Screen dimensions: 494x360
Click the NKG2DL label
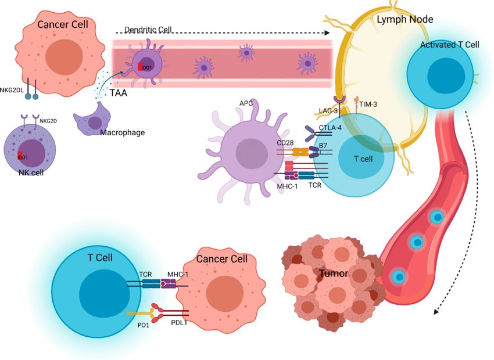point(12,90)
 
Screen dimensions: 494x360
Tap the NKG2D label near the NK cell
point(48,121)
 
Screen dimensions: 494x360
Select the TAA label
point(119,93)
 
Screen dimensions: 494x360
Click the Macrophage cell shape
point(92,119)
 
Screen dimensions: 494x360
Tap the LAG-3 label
point(328,111)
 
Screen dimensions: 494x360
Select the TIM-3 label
point(368,104)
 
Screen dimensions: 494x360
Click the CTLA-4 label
point(330,128)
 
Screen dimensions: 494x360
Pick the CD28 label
point(285,143)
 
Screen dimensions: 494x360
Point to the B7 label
point(323,146)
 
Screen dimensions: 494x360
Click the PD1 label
point(144,325)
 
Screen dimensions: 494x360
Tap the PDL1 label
point(179,323)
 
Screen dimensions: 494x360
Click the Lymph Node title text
point(405,20)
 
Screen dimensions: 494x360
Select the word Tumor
point(334,273)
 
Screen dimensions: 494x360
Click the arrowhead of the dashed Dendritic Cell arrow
point(327,33)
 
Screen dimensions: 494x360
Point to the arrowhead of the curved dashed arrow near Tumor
point(436,312)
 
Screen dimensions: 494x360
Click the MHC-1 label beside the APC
point(287,186)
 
